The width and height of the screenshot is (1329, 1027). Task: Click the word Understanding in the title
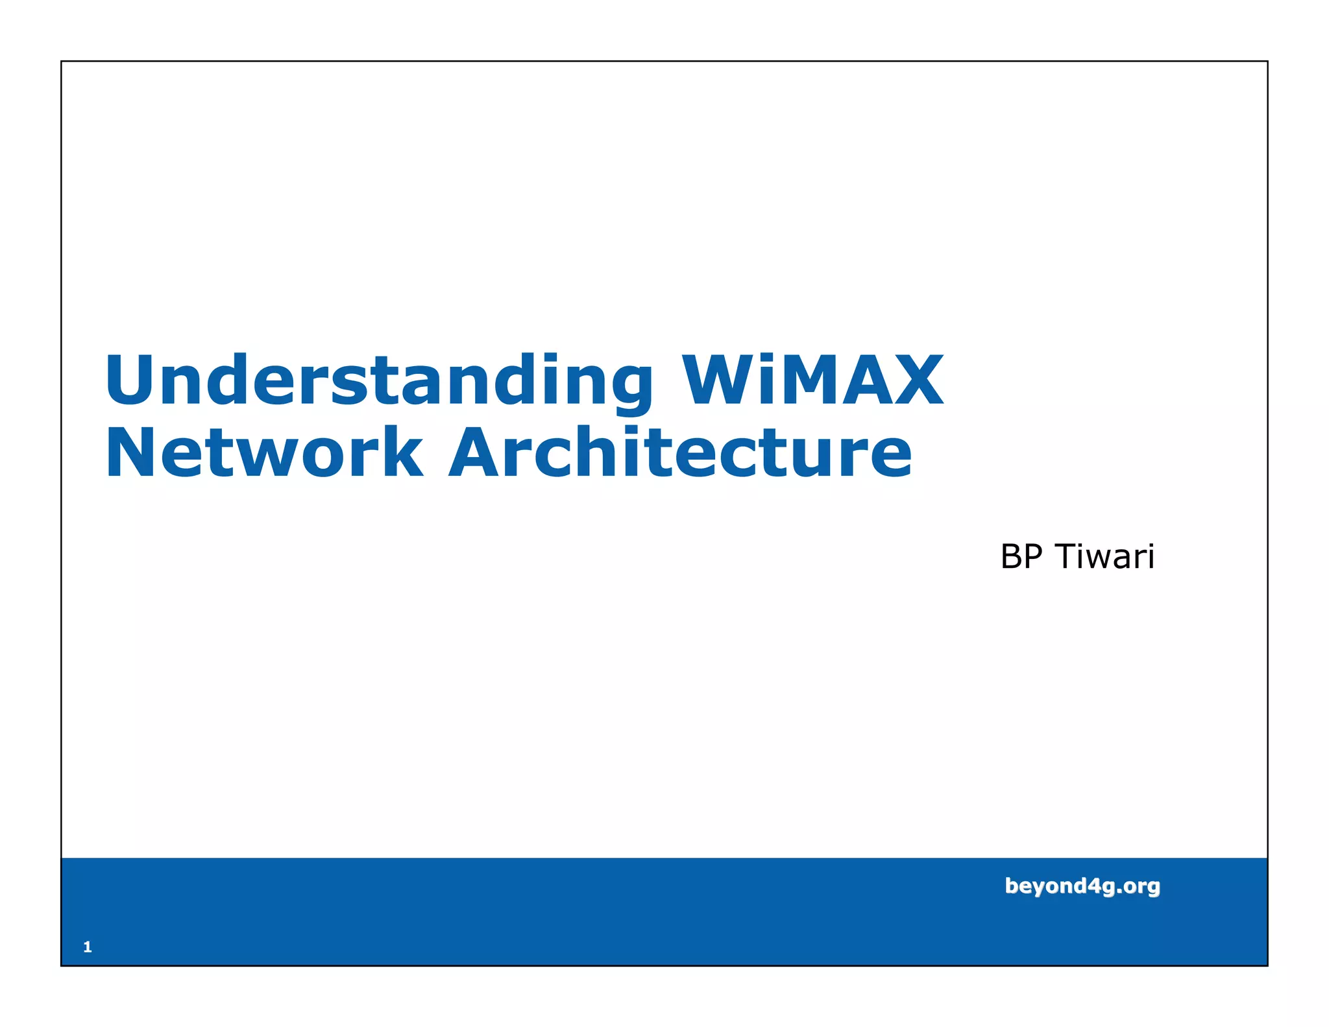(379, 381)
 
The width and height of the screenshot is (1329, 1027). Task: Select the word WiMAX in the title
(812, 381)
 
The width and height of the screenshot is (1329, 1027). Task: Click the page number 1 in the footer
(88, 947)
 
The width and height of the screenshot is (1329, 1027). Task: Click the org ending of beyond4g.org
(1142, 887)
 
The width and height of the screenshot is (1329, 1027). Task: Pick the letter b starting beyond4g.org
(1012, 885)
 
